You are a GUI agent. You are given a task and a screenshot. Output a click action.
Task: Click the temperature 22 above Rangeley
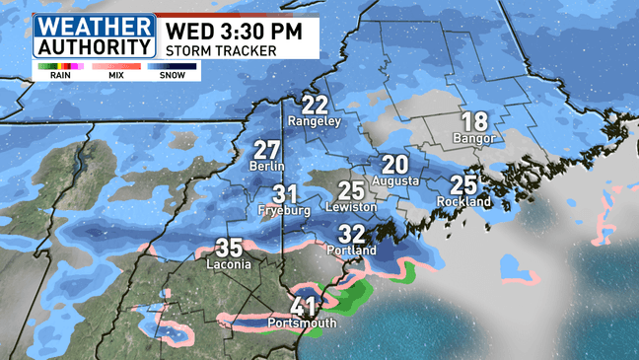[x=316, y=105]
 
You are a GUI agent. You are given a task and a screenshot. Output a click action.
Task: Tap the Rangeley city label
[x=315, y=121]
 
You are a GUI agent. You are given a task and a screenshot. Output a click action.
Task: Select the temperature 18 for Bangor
[x=474, y=121]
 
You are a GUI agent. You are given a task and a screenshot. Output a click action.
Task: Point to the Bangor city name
[x=474, y=138]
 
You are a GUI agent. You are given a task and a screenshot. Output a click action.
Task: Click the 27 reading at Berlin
[x=267, y=150]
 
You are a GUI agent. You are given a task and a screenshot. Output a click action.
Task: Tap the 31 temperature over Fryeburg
[x=286, y=193]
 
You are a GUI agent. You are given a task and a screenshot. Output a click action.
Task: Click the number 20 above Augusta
[x=395, y=165]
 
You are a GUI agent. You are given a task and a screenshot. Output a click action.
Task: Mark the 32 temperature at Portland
[x=352, y=234]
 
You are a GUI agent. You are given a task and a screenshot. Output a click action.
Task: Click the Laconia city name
[x=228, y=264]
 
